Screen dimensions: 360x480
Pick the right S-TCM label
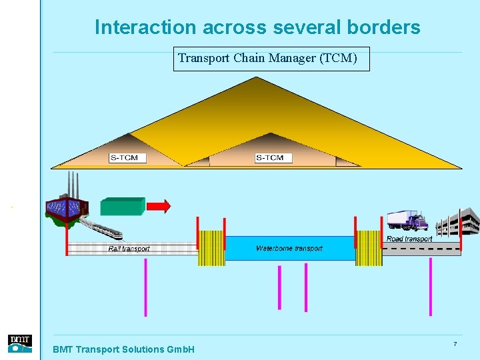(269, 158)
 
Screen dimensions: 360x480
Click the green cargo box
(122, 206)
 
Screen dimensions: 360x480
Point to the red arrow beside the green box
(159, 206)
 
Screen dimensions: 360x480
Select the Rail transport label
(129, 249)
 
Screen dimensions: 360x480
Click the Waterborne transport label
(289, 249)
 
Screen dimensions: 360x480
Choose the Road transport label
(409, 239)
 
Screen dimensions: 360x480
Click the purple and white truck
(407, 221)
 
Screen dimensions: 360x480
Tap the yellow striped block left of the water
(211, 248)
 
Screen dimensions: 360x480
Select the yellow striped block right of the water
(369, 248)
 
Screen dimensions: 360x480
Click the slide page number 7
(455, 344)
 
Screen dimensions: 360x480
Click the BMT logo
(19, 343)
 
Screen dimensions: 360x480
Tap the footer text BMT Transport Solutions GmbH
(123, 349)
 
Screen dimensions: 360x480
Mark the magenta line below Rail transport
(145, 287)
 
